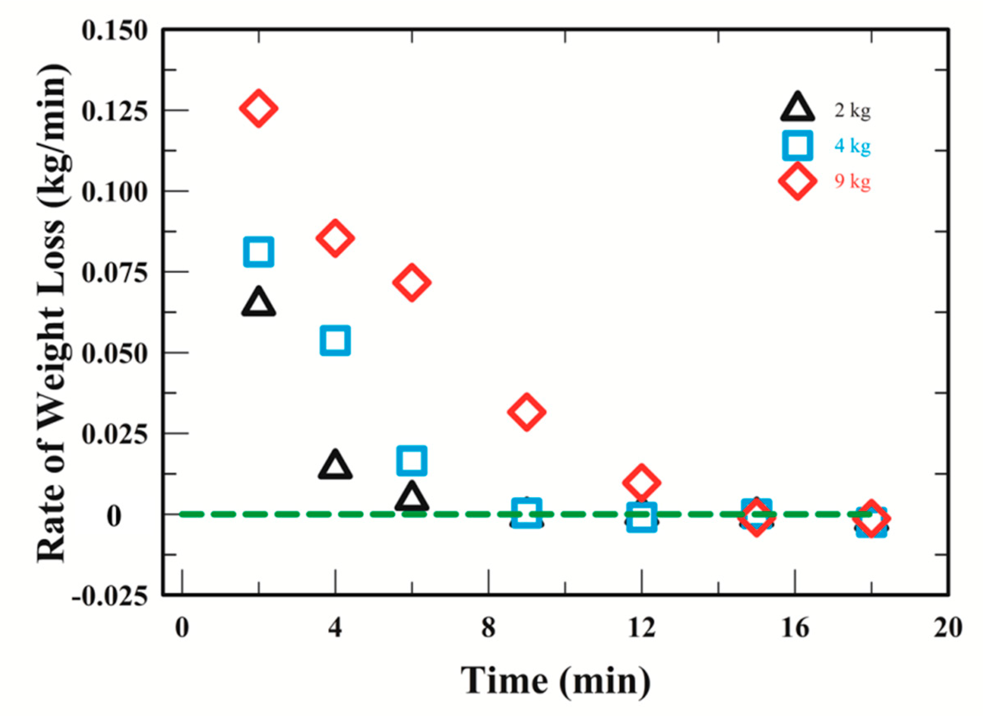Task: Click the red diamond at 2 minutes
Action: pos(258,108)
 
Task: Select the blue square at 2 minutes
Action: pos(259,251)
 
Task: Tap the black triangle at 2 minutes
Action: pos(259,302)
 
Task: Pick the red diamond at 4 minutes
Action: pos(335,238)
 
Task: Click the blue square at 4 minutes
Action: pos(335,341)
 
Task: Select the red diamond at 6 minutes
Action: pos(412,282)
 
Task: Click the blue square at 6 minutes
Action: pos(412,460)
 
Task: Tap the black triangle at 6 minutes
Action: pos(412,498)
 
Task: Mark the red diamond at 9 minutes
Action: pos(526,412)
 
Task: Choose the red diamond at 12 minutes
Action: pos(641,482)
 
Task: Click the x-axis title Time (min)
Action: pos(556,681)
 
